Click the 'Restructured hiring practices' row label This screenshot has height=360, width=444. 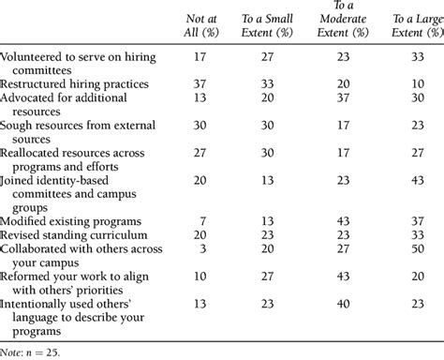pos(76,83)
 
